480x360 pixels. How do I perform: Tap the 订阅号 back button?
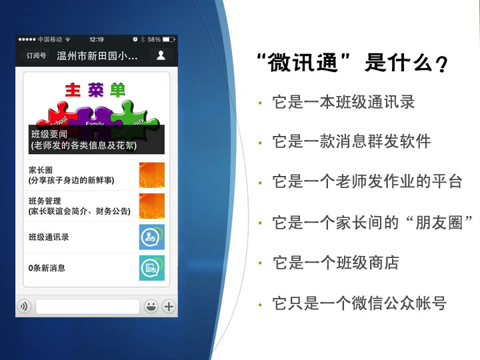click(35, 56)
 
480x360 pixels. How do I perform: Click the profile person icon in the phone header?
click(161, 55)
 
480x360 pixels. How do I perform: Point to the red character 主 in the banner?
click(73, 90)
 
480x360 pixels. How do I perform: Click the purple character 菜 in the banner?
click(96, 90)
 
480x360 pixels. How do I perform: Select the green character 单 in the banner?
click(117, 90)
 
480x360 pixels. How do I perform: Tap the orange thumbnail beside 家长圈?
click(152, 175)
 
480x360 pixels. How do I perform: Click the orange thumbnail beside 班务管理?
click(152, 206)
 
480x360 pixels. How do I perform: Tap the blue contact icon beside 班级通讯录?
click(152, 237)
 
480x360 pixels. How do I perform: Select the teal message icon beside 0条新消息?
click(152, 268)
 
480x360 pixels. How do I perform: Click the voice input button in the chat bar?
click(24, 306)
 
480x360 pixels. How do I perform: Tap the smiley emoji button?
click(151, 306)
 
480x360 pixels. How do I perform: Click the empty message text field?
click(87, 306)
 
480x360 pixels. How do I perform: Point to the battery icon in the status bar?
click(169, 39)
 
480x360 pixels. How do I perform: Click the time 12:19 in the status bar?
click(97, 39)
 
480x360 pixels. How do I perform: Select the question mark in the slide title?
click(441, 64)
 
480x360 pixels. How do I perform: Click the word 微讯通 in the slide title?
click(303, 63)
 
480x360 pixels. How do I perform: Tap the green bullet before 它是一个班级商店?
click(260, 263)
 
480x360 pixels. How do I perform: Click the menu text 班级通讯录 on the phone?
click(49, 237)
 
